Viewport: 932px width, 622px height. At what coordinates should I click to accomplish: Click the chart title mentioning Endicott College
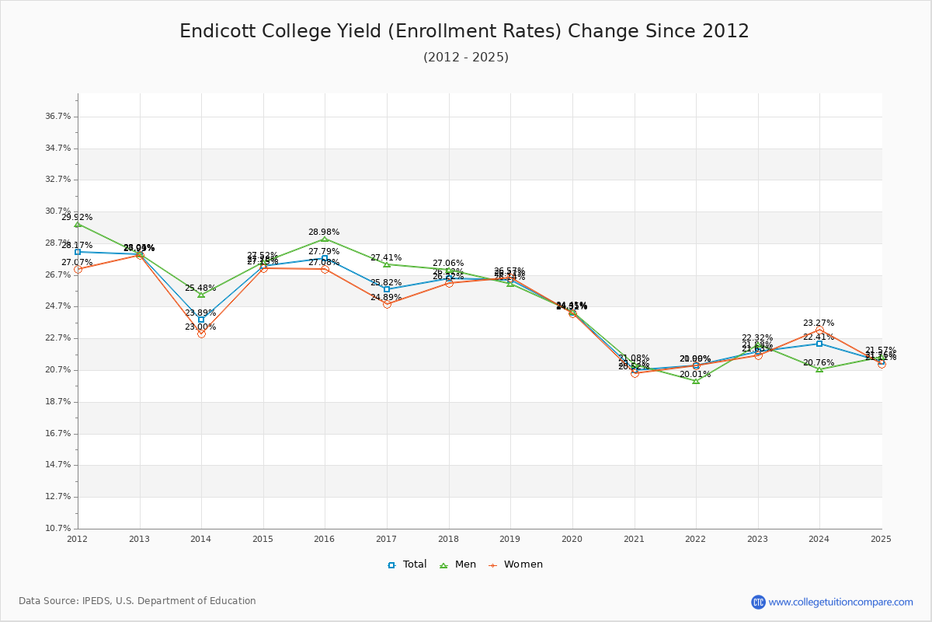[464, 31]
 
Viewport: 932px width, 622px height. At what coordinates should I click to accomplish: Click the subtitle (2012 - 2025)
[466, 58]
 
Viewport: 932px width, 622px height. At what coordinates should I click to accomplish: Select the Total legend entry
[407, 564]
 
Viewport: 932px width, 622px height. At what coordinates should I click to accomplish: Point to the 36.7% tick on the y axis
[58, 117]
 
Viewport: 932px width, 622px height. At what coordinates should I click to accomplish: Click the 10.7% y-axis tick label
[58, 529]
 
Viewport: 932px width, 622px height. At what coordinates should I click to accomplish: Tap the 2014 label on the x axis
[201, 539]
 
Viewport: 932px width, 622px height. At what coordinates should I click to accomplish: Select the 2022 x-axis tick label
[696, 539]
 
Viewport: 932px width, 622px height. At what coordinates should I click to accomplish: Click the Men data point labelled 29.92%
[78, 224]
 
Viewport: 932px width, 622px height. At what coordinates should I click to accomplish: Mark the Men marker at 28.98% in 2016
[325, 239]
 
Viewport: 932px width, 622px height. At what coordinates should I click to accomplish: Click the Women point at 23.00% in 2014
[201, 334]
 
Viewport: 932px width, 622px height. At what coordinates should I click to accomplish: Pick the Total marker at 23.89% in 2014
[201, 320]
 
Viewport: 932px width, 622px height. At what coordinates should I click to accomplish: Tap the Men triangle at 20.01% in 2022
[696, 381]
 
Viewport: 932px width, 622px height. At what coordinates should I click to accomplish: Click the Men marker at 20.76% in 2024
[819, 369]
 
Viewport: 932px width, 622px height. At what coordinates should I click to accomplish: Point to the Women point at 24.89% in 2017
[387, 304]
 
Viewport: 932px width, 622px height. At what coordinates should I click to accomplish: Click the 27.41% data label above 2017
[386, 258]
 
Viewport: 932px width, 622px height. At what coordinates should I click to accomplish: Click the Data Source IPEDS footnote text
[137, 601]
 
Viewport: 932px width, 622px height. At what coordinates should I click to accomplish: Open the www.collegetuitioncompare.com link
[840, 602]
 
